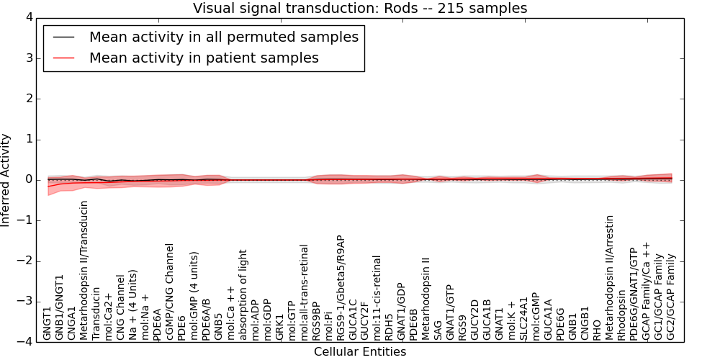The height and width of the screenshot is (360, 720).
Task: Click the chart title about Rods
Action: (360, 9)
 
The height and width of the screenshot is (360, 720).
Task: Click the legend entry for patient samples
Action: (204, 58)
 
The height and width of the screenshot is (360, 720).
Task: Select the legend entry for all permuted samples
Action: (223, 37)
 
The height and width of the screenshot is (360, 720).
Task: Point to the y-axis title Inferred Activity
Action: (6, 180)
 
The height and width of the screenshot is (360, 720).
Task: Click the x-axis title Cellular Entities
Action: (360, 352)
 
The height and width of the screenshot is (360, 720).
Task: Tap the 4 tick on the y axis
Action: (30, 17)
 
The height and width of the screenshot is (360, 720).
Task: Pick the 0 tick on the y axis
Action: (30, 180)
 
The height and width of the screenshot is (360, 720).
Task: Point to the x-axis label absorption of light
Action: (243, 294)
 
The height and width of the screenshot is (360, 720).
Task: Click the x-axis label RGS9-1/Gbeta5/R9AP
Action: (341, 287)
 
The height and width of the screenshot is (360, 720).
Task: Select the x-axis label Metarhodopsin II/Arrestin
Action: (610, 276)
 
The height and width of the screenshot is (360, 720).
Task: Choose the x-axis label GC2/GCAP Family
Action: (671, 297)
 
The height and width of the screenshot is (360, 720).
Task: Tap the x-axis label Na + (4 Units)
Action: (133, 305)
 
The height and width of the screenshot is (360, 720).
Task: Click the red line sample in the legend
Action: (63, 58)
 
